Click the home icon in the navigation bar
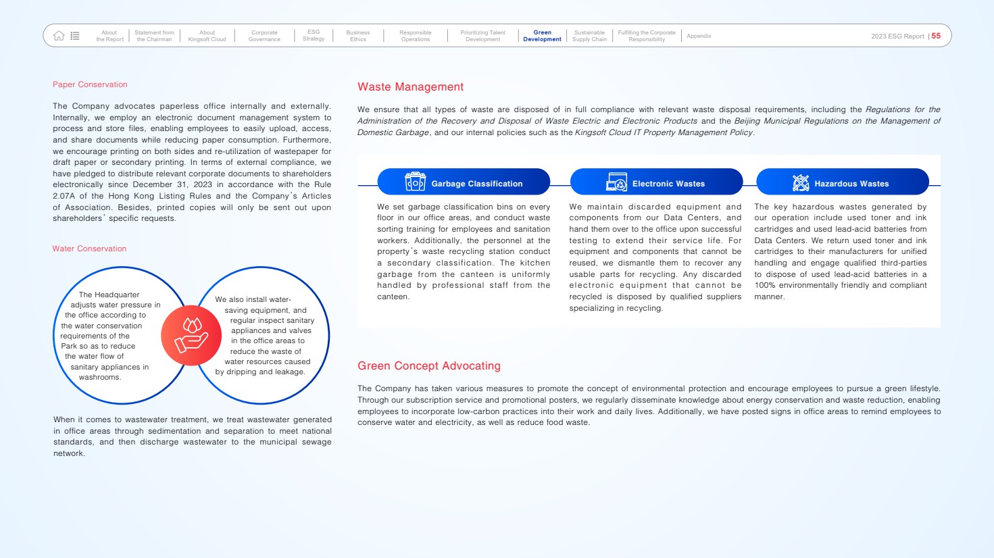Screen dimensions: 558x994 click(x=59, y=36)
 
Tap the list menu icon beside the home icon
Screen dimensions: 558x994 click(x=75, y=36)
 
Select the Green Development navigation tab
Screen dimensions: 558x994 click(x=542, y=36)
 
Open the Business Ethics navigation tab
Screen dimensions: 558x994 click(x=358, y=36)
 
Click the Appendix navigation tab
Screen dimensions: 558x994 click(x=699, y=36)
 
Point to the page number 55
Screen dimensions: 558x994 click(x=936, y=36)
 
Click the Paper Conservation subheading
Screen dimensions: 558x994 click(x=90, y=84)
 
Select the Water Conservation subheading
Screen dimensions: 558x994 click(x=89, y=249)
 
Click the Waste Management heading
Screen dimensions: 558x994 click(x=410, y=86)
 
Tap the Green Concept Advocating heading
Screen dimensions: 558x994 click(x=429, y=365)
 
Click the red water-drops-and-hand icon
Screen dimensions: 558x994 click(x=191, y=335)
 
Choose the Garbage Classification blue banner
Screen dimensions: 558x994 click(x=464, y=182)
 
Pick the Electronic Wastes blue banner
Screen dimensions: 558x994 click(x=656, y=182)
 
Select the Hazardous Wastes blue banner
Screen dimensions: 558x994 click(x=842, y=182)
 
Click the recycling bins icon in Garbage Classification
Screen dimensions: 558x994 click(x=415, y=182)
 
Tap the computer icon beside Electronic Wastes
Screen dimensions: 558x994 click(x=616, y=182)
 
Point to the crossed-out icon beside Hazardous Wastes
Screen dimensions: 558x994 click(x=801, y=182)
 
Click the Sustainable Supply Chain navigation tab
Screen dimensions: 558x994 click(x=589, y=36)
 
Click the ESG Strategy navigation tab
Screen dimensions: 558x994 click(x=314, y=36)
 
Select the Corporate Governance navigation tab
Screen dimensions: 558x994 click(x=264, y=36)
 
